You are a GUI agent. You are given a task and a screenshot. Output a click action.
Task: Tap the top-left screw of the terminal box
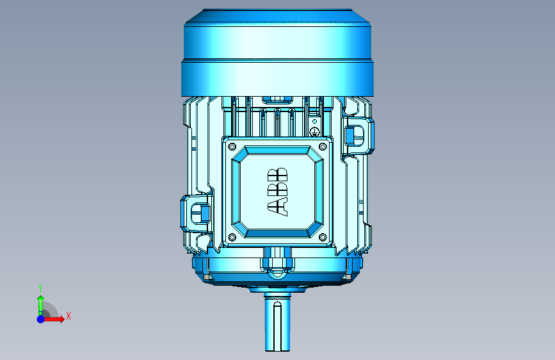[232, 146]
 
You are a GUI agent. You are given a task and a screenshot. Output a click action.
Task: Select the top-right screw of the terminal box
[323, 146]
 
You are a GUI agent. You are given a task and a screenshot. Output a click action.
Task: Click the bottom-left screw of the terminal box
[232, 237]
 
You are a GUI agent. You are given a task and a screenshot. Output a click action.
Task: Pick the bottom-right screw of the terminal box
[323, 237]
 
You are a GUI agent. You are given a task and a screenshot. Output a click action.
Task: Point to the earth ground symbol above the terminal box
[315, 132]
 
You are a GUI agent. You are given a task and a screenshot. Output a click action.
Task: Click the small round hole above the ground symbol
[314, 122]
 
